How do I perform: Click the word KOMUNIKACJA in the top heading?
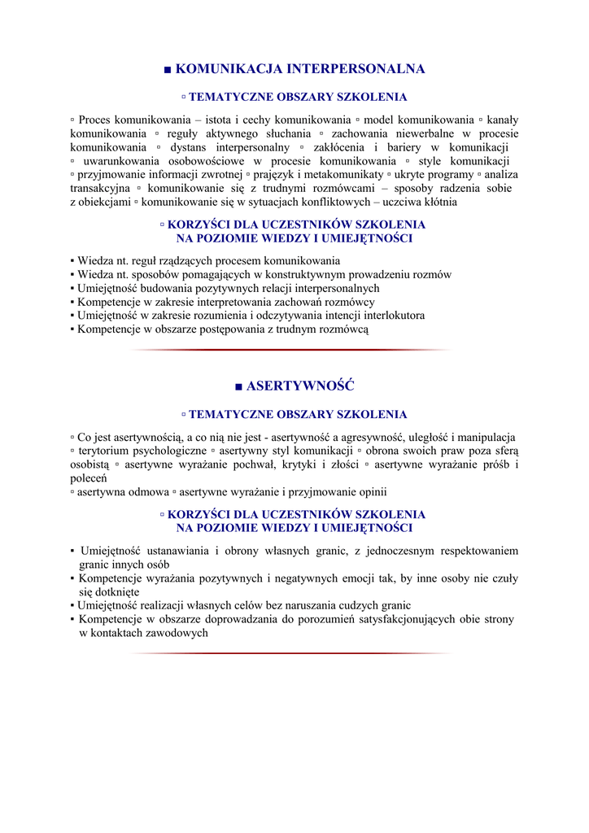coord(223,69)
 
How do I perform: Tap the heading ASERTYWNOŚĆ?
coord(300,386)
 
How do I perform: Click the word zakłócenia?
coord(339,147)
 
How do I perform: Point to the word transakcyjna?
coord(100,188)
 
